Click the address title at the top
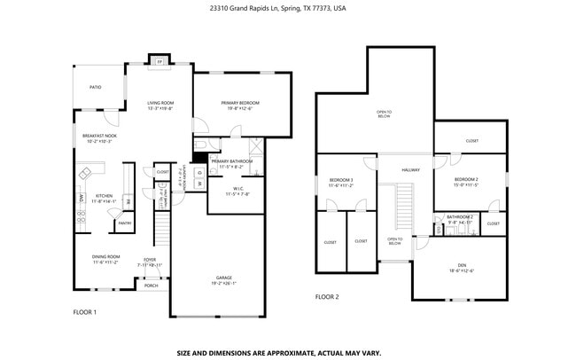278,7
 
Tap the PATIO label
95,87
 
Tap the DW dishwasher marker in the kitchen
81,198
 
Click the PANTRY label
125,223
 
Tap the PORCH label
152,286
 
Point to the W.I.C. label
237,189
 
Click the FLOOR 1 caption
84,312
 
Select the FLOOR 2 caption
327,297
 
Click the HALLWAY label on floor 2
411,169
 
